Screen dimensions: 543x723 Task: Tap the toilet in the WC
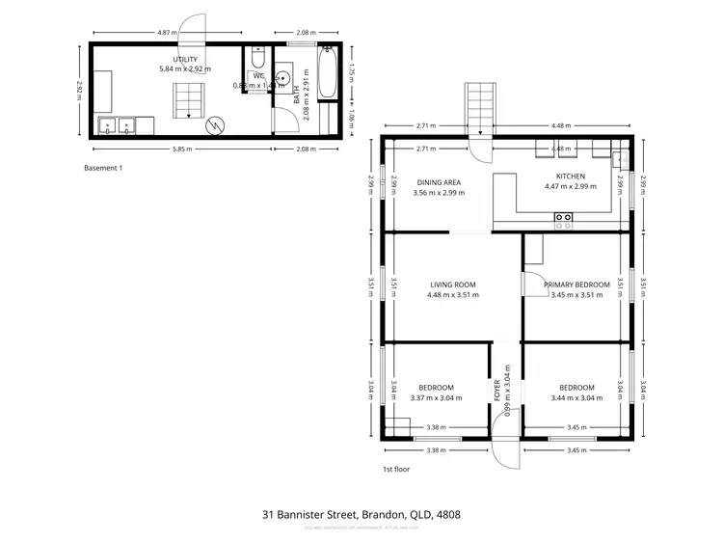tap(258, 59)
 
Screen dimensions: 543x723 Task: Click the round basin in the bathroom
tap(283, 78)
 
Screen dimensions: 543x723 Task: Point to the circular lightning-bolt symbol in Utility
tap(217, 123)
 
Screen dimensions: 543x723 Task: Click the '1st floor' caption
tap(395, 469)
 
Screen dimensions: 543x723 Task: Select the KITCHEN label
tap(570, 176)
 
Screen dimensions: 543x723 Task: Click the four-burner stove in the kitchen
tap(563, 220)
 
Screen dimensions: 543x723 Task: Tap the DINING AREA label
tap(439, 182)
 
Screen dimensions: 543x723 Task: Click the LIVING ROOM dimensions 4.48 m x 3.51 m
tap(452, 295)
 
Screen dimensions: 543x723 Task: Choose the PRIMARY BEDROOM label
tap(576, 285)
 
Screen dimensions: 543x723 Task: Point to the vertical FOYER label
tap(498, 391)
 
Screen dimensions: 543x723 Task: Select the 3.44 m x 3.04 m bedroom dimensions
tap(576, 397)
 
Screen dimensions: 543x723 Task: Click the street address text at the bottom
tap(361, 515)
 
